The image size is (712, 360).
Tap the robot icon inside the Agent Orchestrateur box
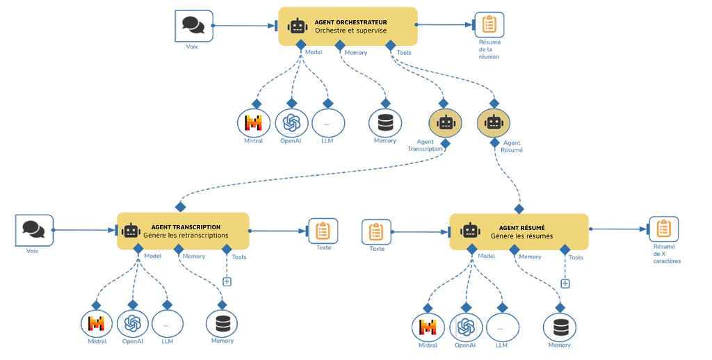click(x=298, y=26)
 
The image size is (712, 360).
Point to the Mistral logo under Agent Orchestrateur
click(x=254, y=123)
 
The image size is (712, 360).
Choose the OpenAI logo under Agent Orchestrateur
click(x=291, y=123)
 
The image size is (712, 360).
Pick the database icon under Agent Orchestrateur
click(x=384, y=123)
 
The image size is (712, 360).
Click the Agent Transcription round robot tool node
click(x=446, y=123)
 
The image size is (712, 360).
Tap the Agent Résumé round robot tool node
click(x=494, y=123)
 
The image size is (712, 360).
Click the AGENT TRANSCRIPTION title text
click(x=186, y=227)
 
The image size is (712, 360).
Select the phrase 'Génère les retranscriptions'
click(x=186, y=236)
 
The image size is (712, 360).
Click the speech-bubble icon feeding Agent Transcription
click(x=33, y=229)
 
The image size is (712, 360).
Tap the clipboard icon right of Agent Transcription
click(x=323, y=230)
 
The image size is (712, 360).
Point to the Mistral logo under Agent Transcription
click(x=96, y=324)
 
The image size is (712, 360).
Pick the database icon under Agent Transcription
click(x=223, y=324)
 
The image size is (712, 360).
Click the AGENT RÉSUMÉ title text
click(x=526, y=227)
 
